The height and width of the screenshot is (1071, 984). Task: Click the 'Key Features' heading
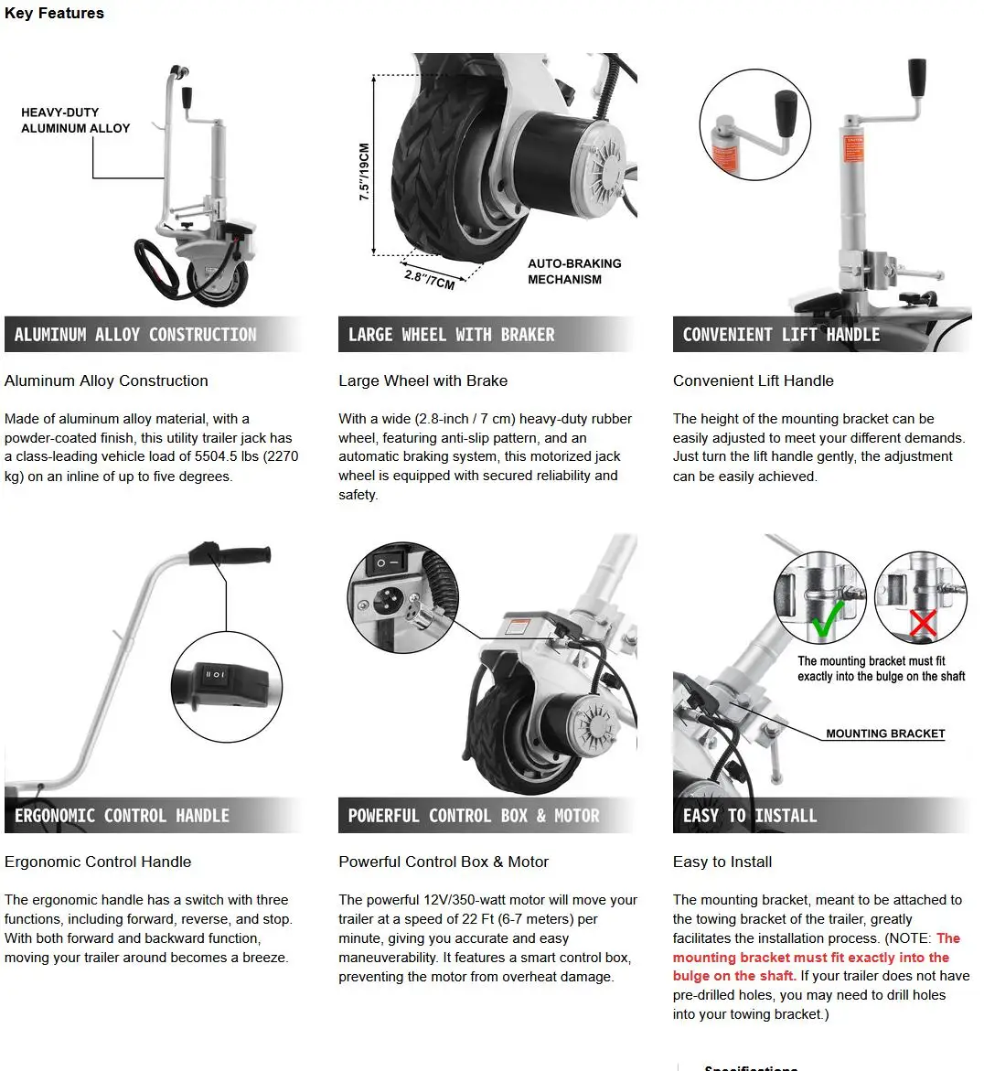pyautogui.click(x=54, y=13)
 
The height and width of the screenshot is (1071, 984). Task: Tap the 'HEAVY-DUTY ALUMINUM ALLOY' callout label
pyautogui.click(x=75, y=120)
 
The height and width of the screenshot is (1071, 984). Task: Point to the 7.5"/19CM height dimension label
pyautogui.click(x=364, y=172)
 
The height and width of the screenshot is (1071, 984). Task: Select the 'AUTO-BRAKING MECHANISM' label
pyautogui.click(x=573, y=271)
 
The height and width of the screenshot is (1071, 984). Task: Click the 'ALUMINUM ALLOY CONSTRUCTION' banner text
pyautogui.click(x=135, y=335)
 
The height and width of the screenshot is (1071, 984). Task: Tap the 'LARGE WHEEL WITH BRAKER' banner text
pyautogui.click(x=451, y=335)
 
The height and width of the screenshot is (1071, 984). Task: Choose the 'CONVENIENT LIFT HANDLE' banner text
pyautogui.click(x=781, y=335)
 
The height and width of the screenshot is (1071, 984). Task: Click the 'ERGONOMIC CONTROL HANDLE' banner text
pyautogui.click(x=122, y=816)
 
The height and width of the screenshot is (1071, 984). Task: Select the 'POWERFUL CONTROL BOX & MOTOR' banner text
pyautogui.click(x=474, y=816)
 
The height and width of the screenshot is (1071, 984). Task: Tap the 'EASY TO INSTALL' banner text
pyautogui.click(x=750, y=816)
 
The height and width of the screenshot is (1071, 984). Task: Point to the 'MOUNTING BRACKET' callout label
pyautogui.click(x=885, y=734)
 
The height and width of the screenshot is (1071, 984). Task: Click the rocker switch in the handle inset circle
pyautogui.click(x=215, y=675)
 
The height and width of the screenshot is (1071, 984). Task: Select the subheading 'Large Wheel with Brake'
pyautogui.click(x=422, y=380)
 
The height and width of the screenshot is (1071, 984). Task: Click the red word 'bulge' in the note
pyautogui.click(x=691, y=976)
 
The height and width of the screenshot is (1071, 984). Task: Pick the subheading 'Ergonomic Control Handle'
pyautogui.click(x=98, y=862)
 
